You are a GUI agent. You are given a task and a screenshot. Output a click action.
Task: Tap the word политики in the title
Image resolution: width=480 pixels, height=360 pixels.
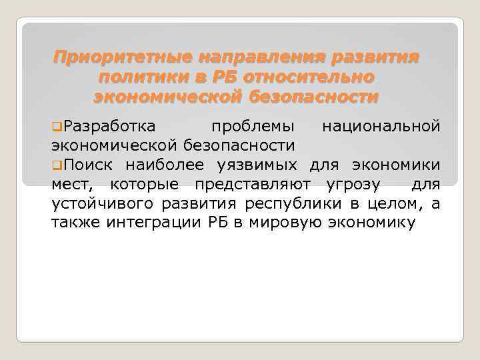[x=137, y=77]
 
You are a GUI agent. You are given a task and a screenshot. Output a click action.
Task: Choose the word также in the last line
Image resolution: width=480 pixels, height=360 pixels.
[x=75, y=223]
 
